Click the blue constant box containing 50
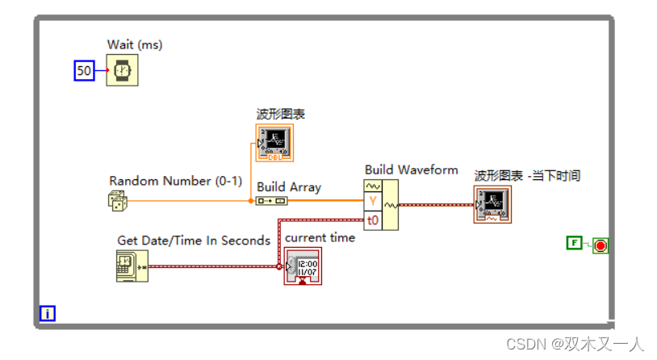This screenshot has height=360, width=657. (84, 71)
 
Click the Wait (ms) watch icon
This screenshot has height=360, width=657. (122, 71)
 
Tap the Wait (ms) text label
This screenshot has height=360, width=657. (134, 45)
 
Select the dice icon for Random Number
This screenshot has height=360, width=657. (118, 201)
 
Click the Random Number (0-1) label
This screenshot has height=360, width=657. (175, 181)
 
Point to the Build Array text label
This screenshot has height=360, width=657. (288, 187)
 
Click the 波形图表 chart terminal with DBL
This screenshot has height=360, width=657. (274, 142)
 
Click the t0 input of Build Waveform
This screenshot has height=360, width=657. (372, 219)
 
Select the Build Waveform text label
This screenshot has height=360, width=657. (411, 170)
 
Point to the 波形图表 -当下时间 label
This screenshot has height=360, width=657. (527, 175)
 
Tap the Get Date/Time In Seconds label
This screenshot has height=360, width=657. (194, 241)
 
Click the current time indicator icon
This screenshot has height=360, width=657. (302, 266)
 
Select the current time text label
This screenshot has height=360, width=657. (320, 237)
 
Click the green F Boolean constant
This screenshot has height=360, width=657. (575, 243)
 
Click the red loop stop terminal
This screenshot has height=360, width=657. (600, 245)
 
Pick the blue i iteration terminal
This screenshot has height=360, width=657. (48, 313)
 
